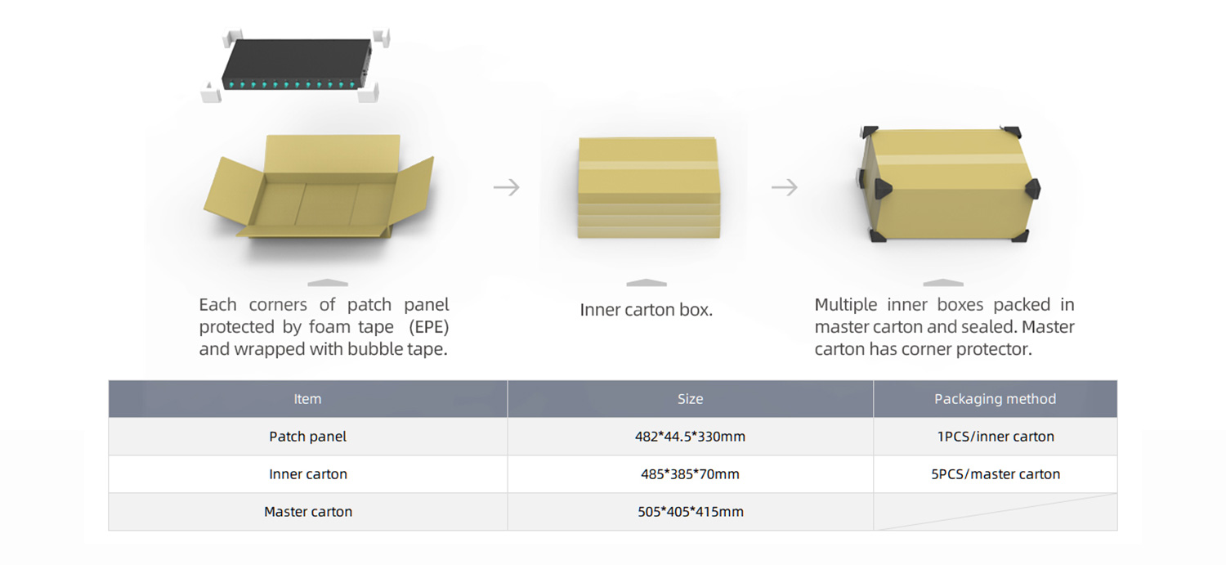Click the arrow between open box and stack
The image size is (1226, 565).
pyautogui.click(x=507, y=188)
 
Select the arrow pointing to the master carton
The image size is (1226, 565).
pyautogui.click(x=785, y=188)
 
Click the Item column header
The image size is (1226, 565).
pyautogui.click(x=307, y=399)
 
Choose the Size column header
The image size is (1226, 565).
pyautogui.click(x=690, y=399)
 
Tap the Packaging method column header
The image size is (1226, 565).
pyautogui.click(x=995, y=399)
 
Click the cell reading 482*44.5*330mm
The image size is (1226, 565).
pyautogui.click(x=690, y=437)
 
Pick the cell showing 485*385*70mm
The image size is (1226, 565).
pyautogui.click(x=690, y=474)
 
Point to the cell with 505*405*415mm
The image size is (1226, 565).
pyautogui.click(x=690, y=512)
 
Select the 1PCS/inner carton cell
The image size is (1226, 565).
pyautogui.click(x=995, y=437)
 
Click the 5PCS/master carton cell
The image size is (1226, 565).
pyautogui.click(x=995, y=474)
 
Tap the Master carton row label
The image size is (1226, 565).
pyautogui.click(x=308, y=512)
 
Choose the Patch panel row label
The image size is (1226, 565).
pyautogui.click(x=307, y=437)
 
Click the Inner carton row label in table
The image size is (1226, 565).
pyautogui.click(x=307, y=474)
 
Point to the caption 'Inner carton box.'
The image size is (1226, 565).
pyautogui.click(x=646, y=311)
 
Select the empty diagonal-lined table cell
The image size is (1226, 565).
pyautogui.click(x=995, y=512)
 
